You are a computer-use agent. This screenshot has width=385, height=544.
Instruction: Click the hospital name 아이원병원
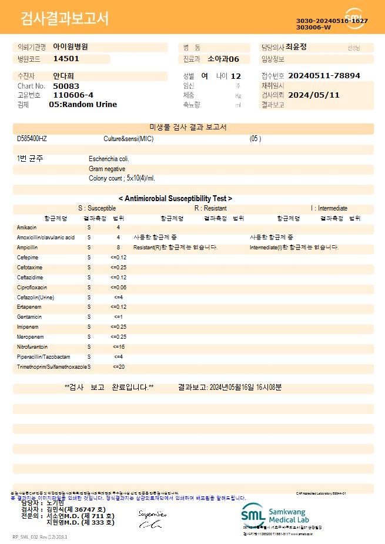(71, 46)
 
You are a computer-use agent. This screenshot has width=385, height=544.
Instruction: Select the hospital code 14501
(66, 59)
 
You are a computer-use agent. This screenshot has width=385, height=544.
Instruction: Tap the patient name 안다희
(63, 76)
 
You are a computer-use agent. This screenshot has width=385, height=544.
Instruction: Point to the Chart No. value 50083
(65, 86)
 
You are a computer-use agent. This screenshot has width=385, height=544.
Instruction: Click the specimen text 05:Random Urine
(83, 104)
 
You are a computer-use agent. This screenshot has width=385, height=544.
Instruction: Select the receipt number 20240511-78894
(324, 76)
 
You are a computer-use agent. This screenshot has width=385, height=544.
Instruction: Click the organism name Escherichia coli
(109, 159)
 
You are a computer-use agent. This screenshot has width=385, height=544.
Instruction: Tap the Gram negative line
(107, 169)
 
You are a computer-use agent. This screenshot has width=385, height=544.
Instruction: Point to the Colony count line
(122, 178)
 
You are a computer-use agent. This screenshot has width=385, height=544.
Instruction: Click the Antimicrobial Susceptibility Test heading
(175, 199)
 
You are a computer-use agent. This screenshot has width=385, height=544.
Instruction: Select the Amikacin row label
(27, 227)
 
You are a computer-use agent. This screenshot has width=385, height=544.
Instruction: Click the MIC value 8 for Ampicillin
(118, 248)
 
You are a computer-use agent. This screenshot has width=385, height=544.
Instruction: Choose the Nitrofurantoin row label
(32, 347)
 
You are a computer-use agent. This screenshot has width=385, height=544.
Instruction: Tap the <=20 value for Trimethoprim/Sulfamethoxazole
(118, 367)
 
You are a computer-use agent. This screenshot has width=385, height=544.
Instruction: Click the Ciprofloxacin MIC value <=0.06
(118, 288)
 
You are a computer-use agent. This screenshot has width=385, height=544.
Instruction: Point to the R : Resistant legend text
(210, 208)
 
